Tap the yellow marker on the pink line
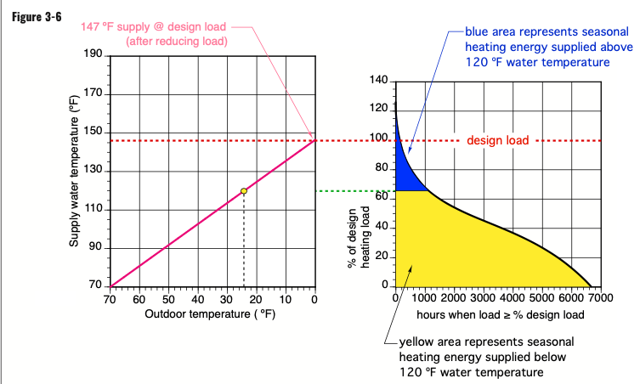(x=244, y=191)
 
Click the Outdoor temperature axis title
(x=211, y=314)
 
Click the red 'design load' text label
(x=498, y=140)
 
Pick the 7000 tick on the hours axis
(x=600, y=299)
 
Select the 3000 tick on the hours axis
(x=483, y=299)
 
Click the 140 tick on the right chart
(x=379, y=81)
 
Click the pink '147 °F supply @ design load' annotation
(x=153, y=27)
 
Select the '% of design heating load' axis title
(x=358, y=238)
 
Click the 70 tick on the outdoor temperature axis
(x=110, y=299)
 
